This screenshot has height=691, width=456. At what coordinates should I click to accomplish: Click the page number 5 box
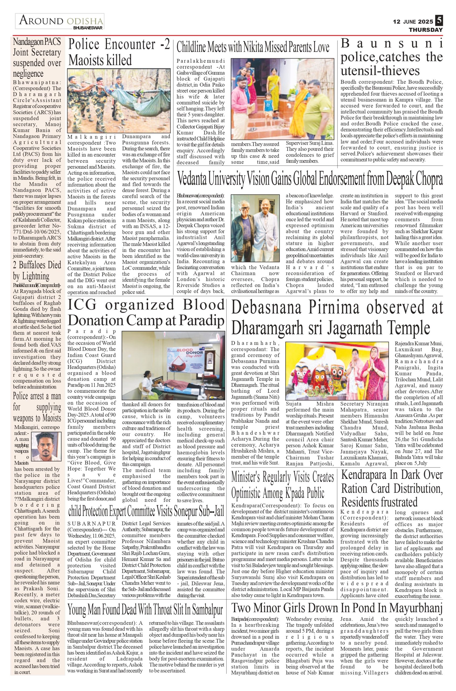click(439, 21)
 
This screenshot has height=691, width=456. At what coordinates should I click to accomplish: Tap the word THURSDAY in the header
click(426, 30)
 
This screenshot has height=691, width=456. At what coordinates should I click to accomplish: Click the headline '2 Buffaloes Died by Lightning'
click(37, 270)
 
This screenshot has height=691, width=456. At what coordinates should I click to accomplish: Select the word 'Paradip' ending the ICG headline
click(201, 320)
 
